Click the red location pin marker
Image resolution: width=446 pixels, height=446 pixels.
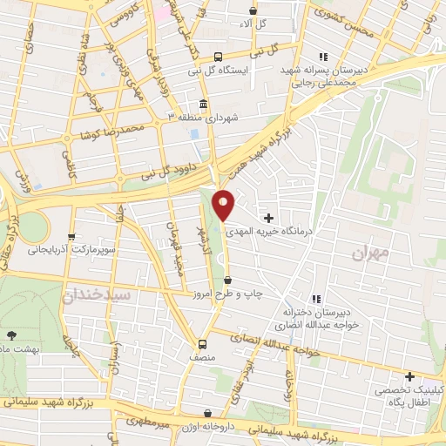[225, 205]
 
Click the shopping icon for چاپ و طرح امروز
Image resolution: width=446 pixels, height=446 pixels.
[228, 280]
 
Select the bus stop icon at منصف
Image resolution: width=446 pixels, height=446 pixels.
[203, 343]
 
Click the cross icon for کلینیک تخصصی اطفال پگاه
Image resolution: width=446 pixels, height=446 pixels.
[410, 376]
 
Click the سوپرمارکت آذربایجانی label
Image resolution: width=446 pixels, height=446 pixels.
[64, 250]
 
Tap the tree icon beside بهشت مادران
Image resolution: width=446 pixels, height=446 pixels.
[11, 334]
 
